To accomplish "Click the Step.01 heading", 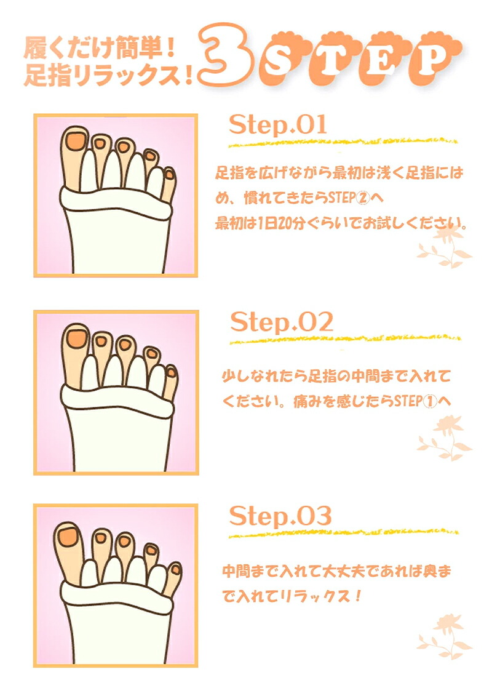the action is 277,124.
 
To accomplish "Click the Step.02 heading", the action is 281,322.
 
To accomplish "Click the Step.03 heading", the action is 280,516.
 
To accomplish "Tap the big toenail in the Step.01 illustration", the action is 76,141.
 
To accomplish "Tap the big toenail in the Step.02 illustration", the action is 77,338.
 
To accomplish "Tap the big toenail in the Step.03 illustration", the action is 68,535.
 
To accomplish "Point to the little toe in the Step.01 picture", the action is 169,185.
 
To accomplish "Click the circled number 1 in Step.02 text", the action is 430,401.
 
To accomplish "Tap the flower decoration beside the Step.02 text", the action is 444,438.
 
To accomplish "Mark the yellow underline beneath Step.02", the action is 344,339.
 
